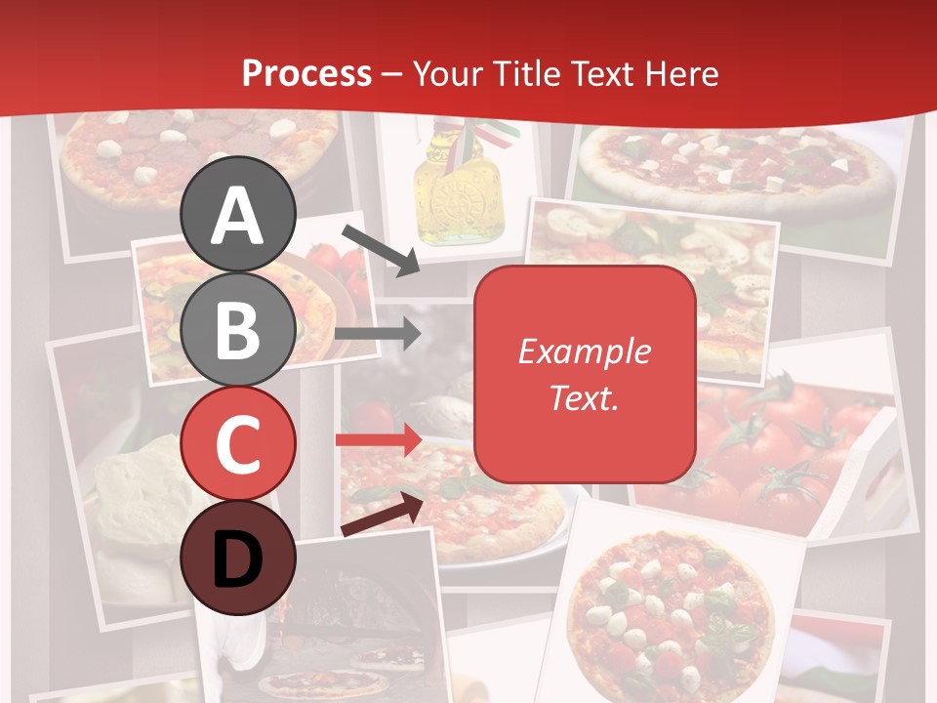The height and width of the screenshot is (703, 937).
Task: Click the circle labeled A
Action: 238,214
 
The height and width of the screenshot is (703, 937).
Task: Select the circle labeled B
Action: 238,329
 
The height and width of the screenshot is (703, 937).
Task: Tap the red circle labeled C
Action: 238,443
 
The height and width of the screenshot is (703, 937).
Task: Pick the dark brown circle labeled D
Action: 238,558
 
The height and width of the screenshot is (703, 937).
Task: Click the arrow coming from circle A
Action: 381,249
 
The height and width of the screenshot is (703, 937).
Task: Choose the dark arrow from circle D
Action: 382,515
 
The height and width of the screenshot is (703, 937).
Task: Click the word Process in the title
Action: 306,73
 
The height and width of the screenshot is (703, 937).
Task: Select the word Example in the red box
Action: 584,351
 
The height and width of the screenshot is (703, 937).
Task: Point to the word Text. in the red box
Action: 584,396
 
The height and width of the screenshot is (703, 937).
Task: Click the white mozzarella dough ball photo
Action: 137,488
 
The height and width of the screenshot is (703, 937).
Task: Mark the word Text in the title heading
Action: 598,73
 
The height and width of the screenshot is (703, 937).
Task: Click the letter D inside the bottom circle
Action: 238,560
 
